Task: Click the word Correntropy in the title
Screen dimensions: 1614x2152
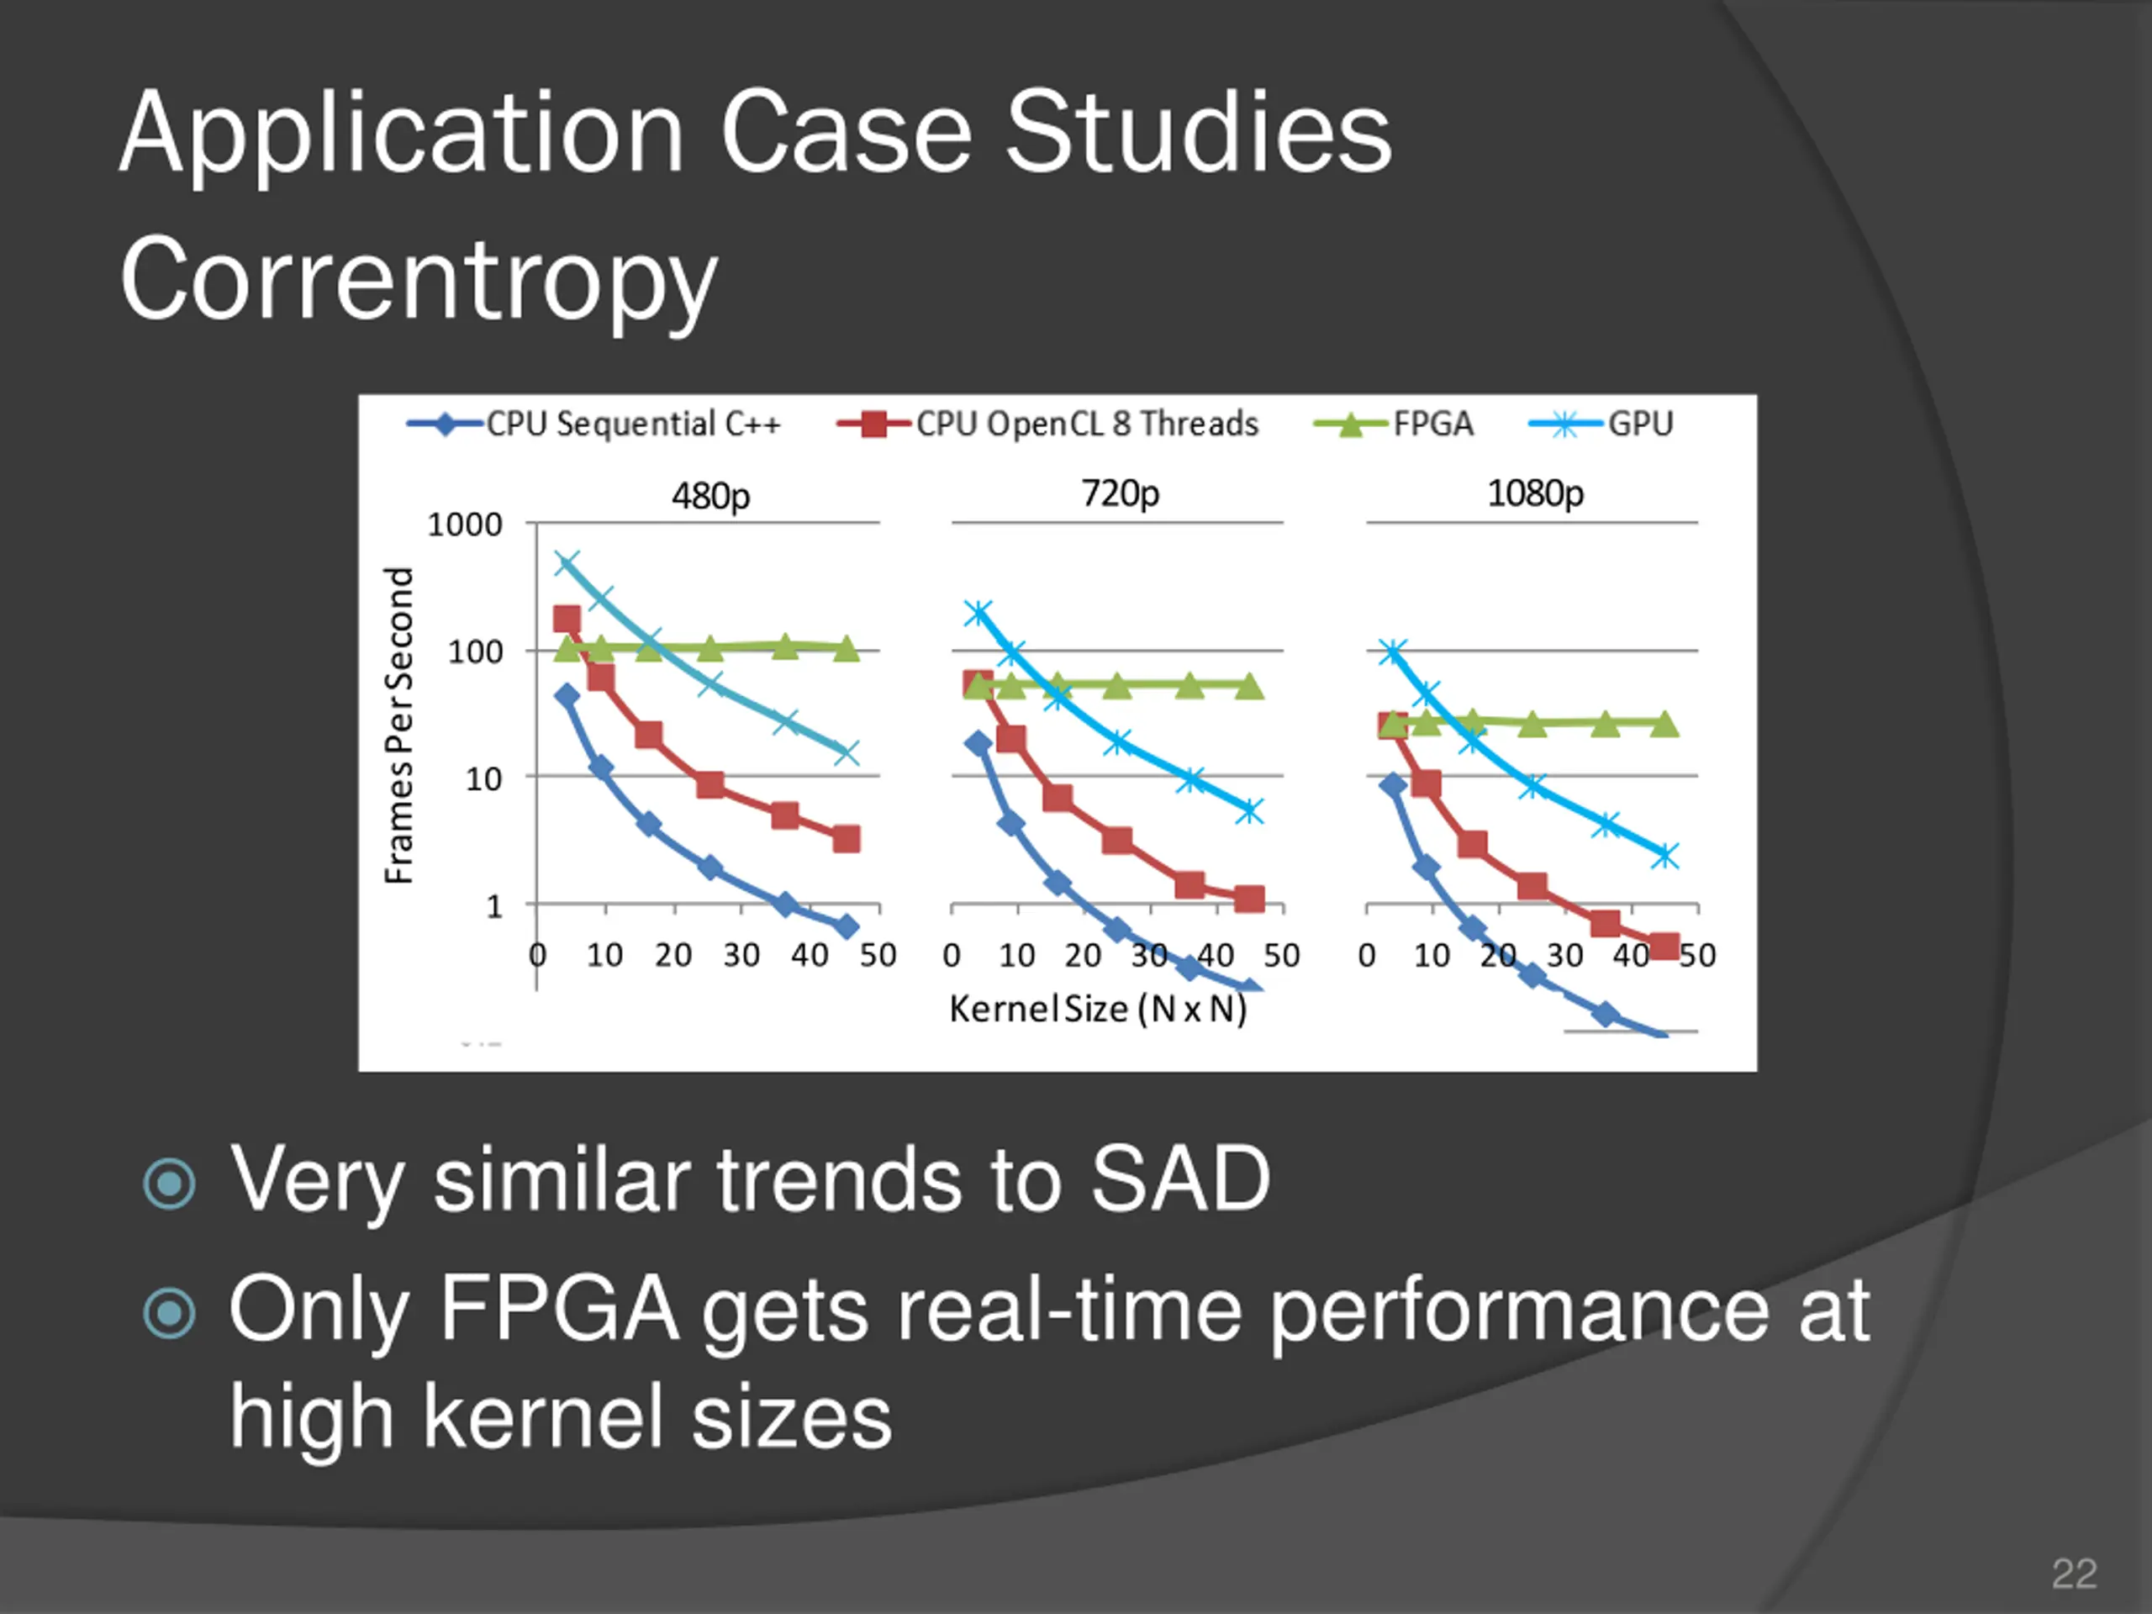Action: (419, 280)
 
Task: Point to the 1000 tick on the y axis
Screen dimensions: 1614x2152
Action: (465, 525)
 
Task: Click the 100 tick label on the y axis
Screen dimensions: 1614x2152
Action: (475, 651)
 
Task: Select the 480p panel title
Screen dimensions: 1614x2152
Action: (710, 496)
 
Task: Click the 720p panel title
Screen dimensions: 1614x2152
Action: (1120, 493)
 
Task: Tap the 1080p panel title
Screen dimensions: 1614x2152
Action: (1535, 493)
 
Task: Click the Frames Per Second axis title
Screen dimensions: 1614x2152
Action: (399, 725)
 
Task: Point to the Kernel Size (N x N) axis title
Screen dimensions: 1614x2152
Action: (1097, 1009)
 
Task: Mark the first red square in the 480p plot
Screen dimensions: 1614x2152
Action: (567, 619)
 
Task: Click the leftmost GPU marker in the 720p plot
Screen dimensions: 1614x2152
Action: (978, 613)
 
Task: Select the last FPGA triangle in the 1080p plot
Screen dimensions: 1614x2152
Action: (1665, 724)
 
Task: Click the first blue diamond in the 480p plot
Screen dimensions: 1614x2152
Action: (567, 695)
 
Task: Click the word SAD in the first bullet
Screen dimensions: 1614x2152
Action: (1179, 1179)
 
